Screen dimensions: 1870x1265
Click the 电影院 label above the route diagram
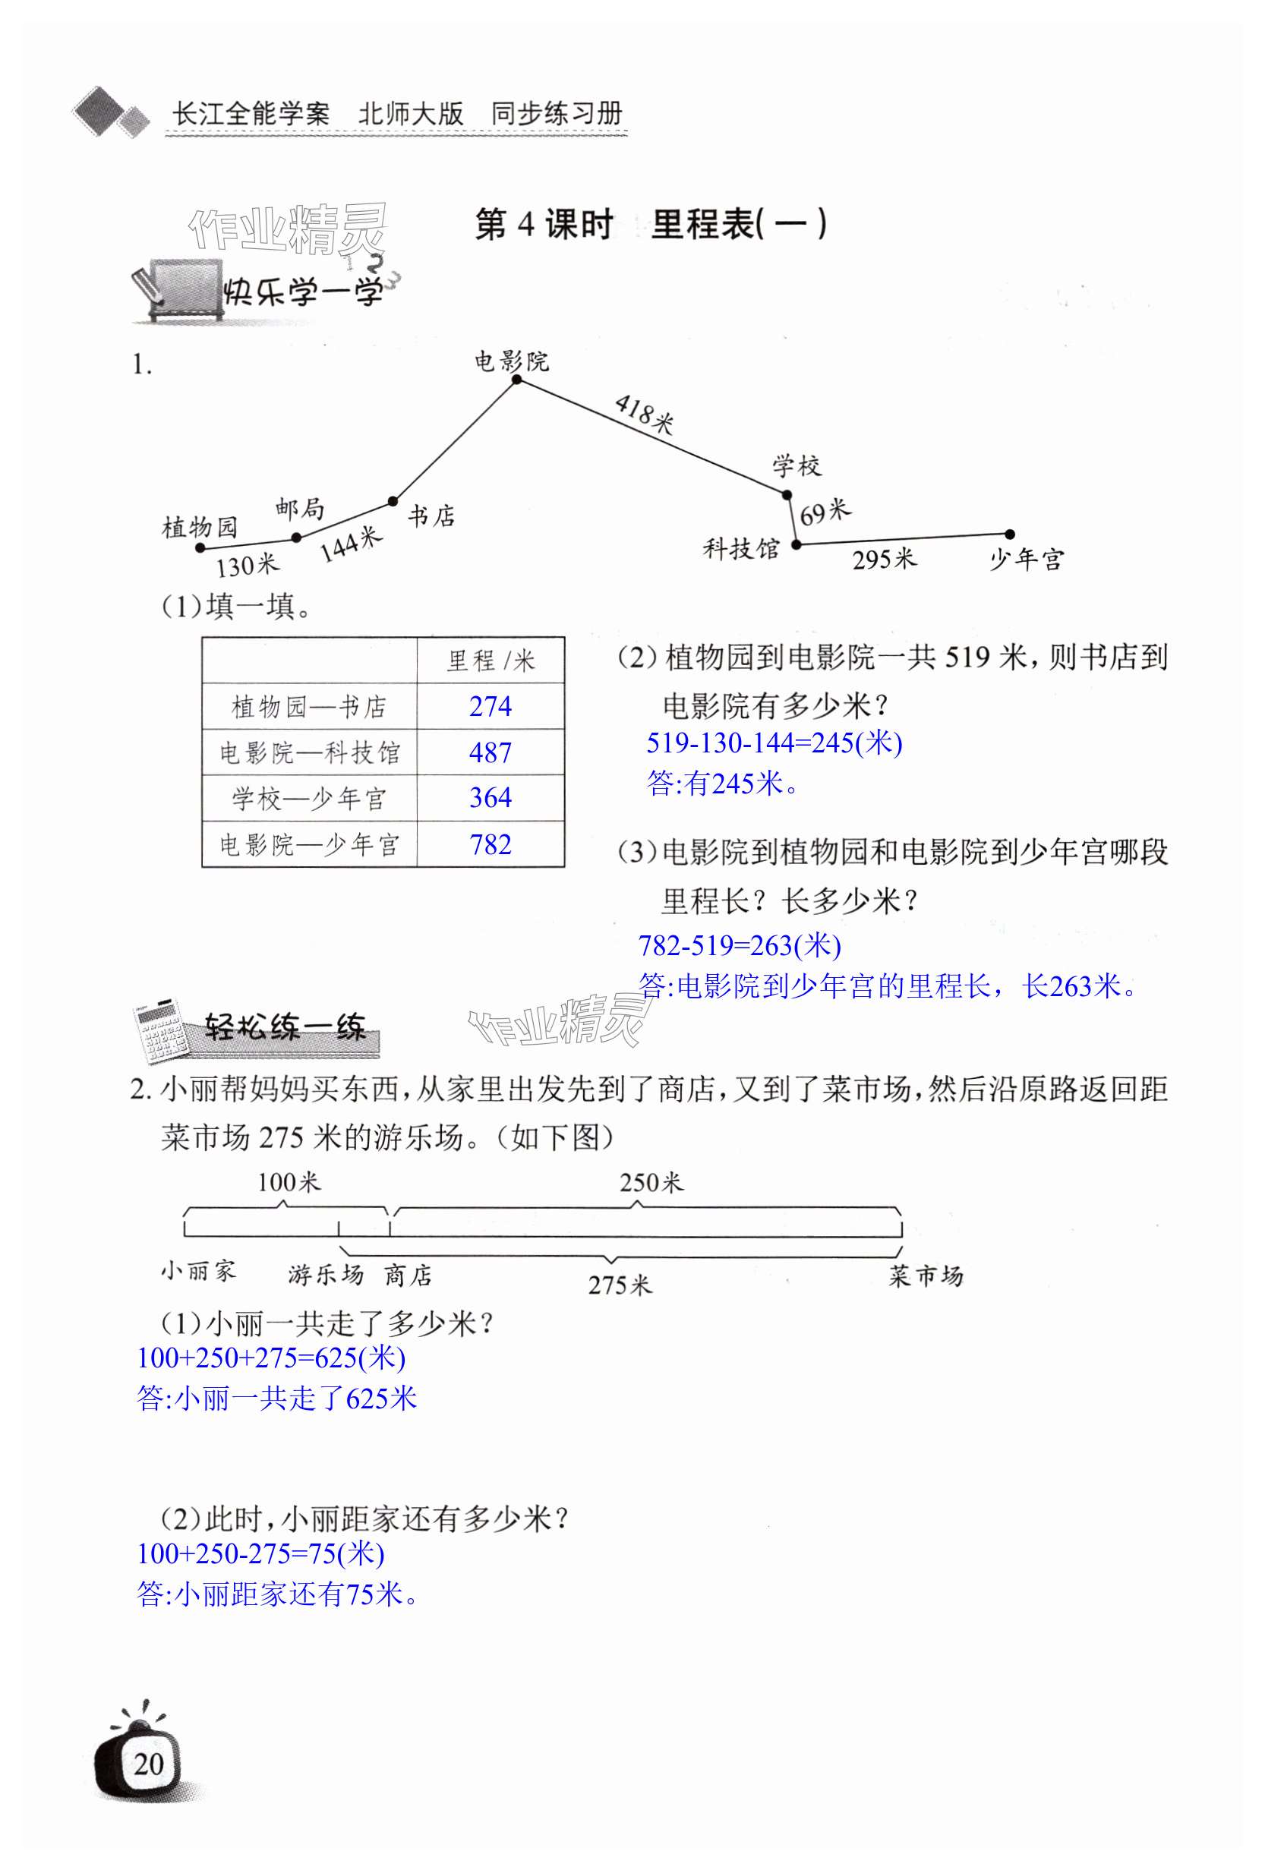point(511,361)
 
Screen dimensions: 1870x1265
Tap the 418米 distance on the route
point(643,414)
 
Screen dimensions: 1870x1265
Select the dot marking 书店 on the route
point(393,501)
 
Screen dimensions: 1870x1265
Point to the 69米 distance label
point(825,511)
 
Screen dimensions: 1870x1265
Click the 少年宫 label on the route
point(1026,560)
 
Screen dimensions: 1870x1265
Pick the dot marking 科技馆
point(796,544)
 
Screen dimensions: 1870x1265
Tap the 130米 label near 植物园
point(246,566)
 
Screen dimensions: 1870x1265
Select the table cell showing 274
point(490,707)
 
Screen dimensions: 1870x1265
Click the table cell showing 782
point(490,844)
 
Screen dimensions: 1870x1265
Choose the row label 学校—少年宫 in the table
point(309,798)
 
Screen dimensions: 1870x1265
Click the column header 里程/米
point(490,661)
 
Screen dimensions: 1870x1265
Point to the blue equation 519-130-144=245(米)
point(774,742)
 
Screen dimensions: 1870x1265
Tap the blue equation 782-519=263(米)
point(739,944)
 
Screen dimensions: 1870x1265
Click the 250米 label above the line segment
point(650,1182)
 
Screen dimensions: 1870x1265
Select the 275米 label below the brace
point(619,1285)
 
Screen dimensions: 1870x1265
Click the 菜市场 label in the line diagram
point(926,1276)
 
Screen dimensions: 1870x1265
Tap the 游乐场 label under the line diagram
point(325,1275)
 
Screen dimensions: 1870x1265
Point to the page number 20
point(148,1763)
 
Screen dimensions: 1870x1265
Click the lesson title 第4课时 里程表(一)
point(650,225)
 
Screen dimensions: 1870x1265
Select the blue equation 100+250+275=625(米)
point(271,1358)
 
